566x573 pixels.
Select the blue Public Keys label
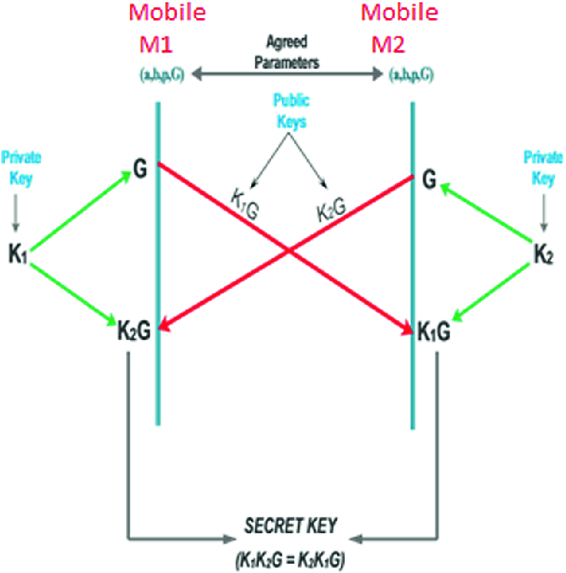point(289,111)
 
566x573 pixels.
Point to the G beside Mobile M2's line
point(430,181)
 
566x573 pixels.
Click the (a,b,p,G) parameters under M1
point(162,75)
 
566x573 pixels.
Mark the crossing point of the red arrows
point(289,252)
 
